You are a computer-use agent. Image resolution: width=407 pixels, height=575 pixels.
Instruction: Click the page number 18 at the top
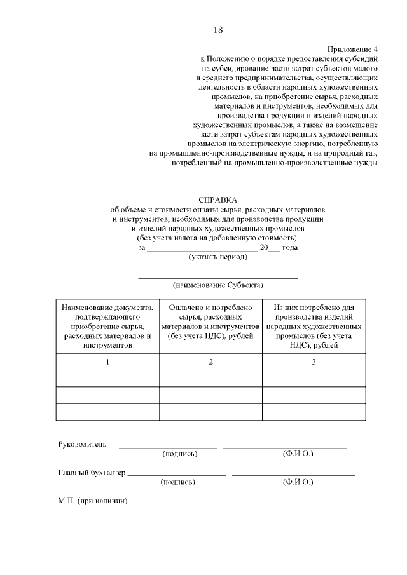[217, 30]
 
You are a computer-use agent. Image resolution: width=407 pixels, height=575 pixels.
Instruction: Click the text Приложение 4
[352, 49]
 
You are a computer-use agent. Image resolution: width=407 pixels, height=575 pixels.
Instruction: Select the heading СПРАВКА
[217, 200]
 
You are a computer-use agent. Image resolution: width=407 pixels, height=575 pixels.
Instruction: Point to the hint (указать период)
[217, 257]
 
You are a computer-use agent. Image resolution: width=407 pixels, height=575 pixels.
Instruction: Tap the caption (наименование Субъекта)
[217, 285]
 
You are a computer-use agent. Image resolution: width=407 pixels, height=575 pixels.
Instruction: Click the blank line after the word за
[202, 249]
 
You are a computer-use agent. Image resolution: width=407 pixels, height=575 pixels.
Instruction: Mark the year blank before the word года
[275, 249]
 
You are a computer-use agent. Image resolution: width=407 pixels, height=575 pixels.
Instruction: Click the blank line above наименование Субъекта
[217, 277]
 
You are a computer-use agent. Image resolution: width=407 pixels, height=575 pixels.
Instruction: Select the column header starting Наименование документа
[107, 326]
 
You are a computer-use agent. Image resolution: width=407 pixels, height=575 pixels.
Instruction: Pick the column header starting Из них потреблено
[313, 326]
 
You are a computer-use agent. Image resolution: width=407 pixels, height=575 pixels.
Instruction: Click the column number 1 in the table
[107, 362]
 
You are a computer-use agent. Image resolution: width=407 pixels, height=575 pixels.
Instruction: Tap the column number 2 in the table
[210, 362]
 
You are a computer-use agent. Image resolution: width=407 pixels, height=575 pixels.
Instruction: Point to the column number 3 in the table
[313, 362]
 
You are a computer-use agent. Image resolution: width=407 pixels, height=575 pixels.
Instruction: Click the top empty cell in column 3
[313, 379]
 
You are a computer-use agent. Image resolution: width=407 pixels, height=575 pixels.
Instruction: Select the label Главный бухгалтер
[92, 473]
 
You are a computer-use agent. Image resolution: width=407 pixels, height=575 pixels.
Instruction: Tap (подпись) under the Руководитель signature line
[180, 454]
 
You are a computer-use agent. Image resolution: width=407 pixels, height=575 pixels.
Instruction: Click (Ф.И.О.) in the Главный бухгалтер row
[298, 482]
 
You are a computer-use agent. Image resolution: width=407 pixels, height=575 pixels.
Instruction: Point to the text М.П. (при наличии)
[93, 501]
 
